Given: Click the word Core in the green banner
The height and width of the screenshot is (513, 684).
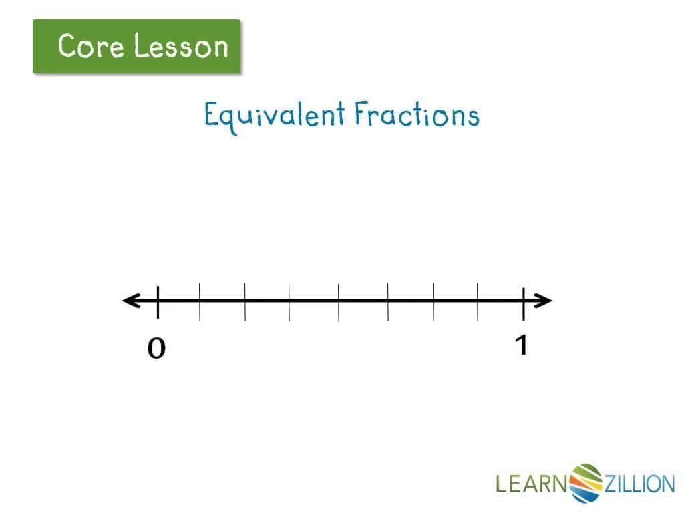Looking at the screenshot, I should [x=91, y=47].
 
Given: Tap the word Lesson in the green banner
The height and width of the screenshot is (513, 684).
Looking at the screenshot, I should [x=180, y=47].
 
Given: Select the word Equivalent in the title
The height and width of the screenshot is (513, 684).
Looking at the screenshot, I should [x=273, y=116].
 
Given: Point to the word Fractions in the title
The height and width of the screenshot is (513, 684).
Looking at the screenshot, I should [x=417, y=115].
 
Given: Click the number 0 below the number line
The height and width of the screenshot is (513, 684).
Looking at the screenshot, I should [x=156, y=349].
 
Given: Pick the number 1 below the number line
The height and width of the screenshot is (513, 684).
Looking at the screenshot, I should [x=522, y=345].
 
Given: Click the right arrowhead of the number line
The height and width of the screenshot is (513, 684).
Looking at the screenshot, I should [x=544, y=301].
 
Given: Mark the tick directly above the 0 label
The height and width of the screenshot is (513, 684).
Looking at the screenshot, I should [x=158, y=301].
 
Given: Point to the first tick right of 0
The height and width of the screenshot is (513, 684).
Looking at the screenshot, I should [x=200, y=301].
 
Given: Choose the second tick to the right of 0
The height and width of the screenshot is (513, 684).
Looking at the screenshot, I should [x=244, y=301].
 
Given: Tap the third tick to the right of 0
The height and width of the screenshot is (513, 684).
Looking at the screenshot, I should [x=289, y=301].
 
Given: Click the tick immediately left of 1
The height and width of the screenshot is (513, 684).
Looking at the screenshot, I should [x=478, y=301].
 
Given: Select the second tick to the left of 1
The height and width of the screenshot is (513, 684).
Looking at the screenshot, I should [x=434, y=301].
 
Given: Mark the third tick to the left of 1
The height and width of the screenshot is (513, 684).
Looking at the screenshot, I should [x=388, y=301].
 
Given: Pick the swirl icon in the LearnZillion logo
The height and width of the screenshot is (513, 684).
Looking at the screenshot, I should [x=586, y=482].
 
